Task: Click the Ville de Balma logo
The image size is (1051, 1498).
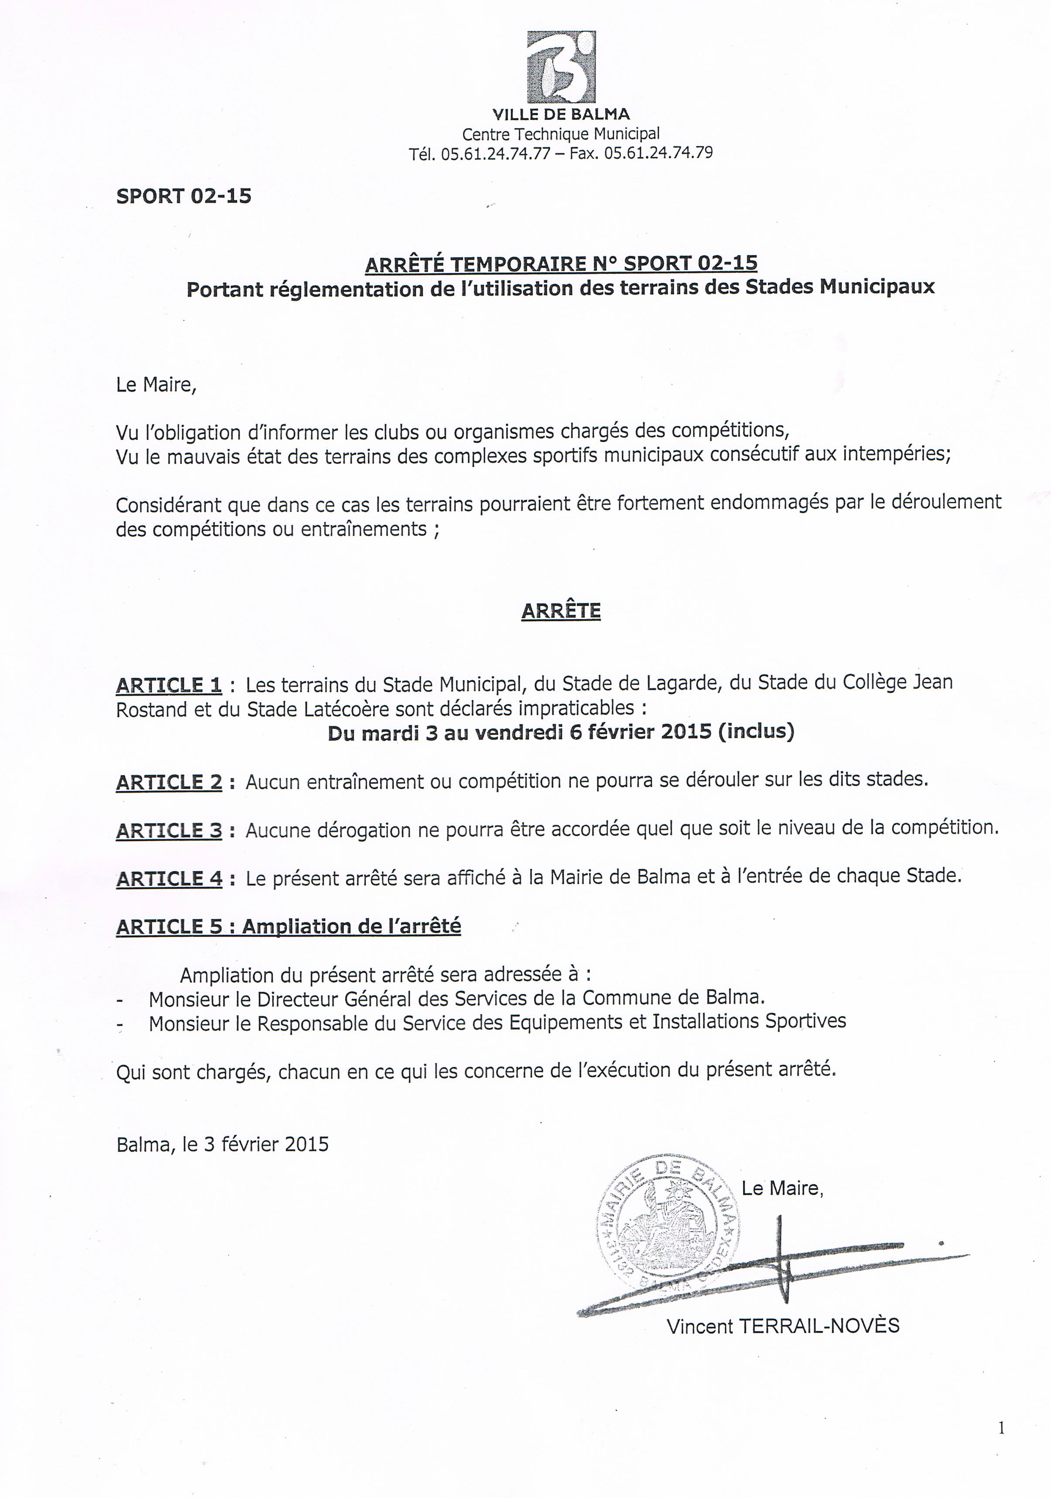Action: coord(561,67)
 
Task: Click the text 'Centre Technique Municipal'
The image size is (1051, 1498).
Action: coord(561,134)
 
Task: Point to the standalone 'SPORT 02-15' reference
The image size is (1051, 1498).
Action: coord(183,196)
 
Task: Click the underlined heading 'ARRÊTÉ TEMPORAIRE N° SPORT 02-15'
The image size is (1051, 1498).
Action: coord(561,264)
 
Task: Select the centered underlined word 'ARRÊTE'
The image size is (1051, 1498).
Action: coord(561,611)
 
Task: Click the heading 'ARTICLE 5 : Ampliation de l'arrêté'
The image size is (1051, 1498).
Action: coord(288,926)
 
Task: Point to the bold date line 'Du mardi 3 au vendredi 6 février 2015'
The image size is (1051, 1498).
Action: coord(561,732)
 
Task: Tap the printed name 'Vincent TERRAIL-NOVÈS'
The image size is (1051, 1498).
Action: coord(783,1326)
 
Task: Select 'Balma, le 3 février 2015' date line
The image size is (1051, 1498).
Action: coord(223,1144)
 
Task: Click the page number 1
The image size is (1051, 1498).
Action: coord(1001,1429)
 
